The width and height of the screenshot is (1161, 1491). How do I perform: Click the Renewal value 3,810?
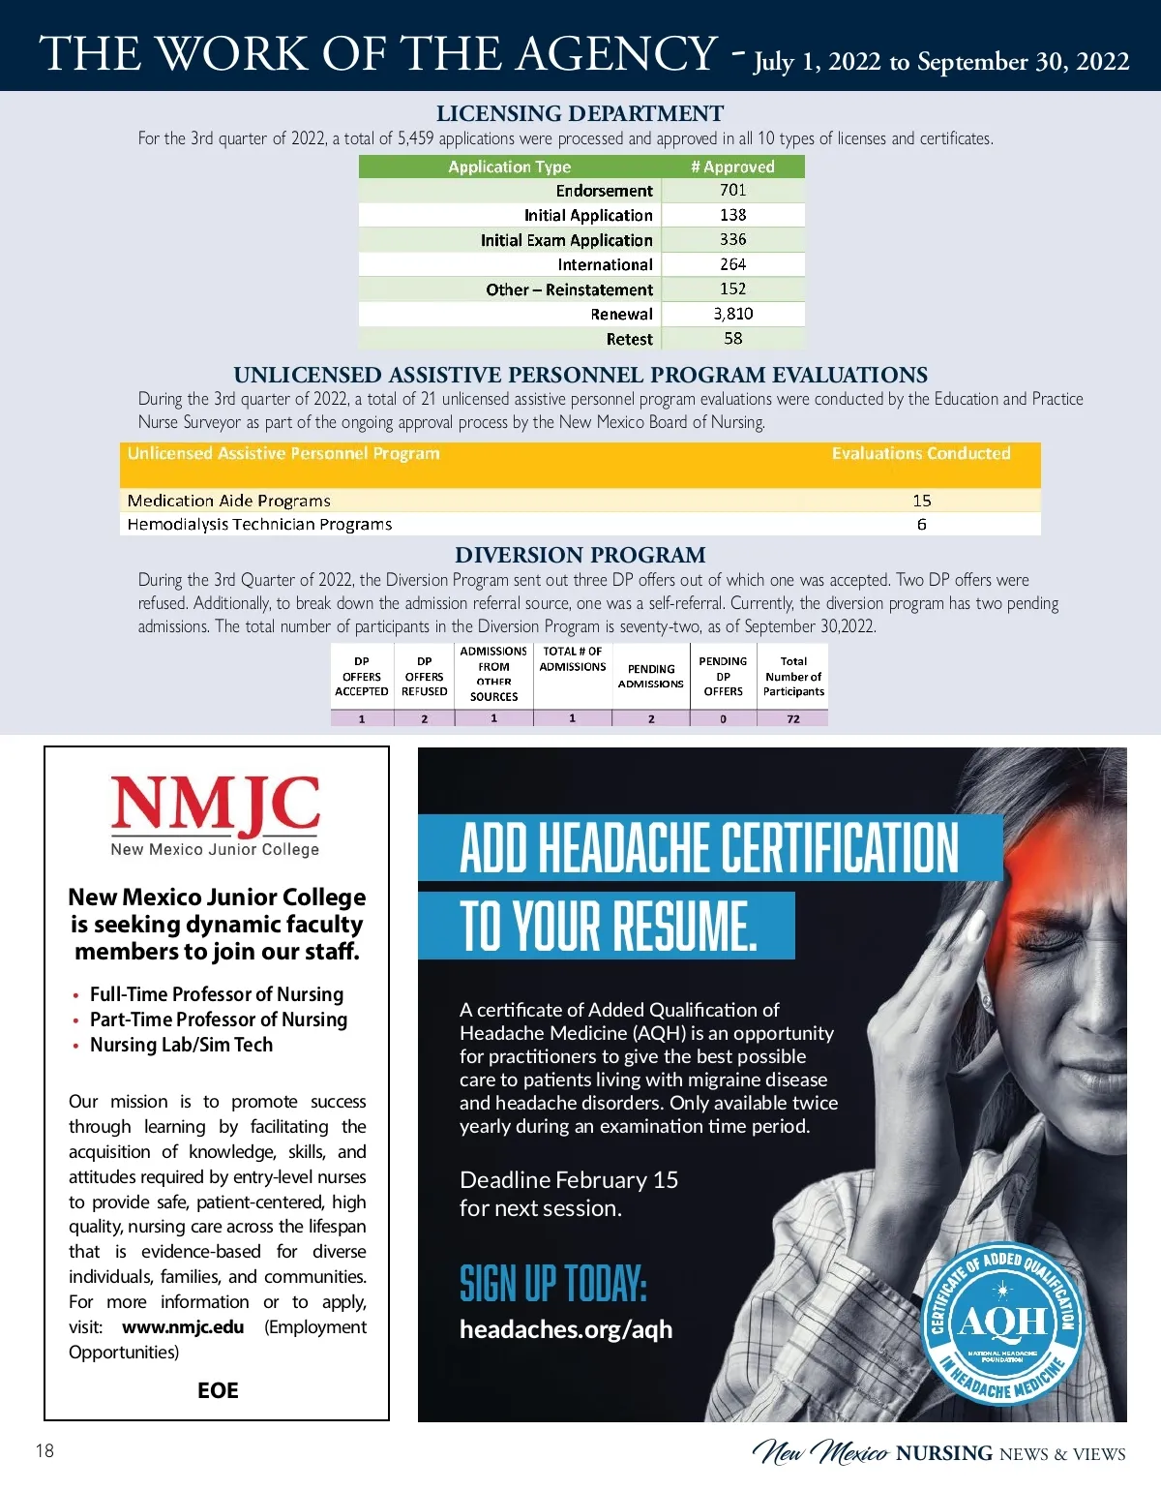pos(732,314)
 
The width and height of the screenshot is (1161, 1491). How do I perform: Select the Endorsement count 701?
pos(732,191)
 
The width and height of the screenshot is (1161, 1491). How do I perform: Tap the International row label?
pos(605,264)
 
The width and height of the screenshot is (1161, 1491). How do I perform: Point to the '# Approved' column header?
pos(732,167)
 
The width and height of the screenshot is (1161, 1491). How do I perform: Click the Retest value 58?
pos(732,339)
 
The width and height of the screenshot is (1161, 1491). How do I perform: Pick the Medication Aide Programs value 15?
pos(921,501)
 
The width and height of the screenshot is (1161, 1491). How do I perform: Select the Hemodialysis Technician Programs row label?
pos(259,525)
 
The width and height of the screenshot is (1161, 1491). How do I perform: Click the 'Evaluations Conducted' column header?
pos(920,453)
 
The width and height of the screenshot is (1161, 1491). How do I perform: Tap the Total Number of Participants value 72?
pos(793,719)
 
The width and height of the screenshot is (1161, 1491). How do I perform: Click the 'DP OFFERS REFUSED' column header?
pos(425,677)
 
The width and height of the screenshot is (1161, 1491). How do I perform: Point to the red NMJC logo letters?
pos(215,806)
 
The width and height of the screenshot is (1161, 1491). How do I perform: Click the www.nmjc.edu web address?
pos(183,1327)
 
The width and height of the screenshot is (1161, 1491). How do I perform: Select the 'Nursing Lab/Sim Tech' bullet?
pos(181,1045)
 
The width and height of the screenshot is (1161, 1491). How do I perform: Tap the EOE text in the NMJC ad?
pos(218,1391)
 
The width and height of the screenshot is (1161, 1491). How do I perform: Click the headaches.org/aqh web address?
pos(566,1329)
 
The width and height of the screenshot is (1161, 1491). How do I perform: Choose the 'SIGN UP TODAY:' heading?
pos(552,1284)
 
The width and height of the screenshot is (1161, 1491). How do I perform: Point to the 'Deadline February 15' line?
pos(569,1180)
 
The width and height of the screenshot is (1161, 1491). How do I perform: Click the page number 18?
pos(45,1450)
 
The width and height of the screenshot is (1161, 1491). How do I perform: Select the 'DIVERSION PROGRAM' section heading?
pos(580,555)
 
